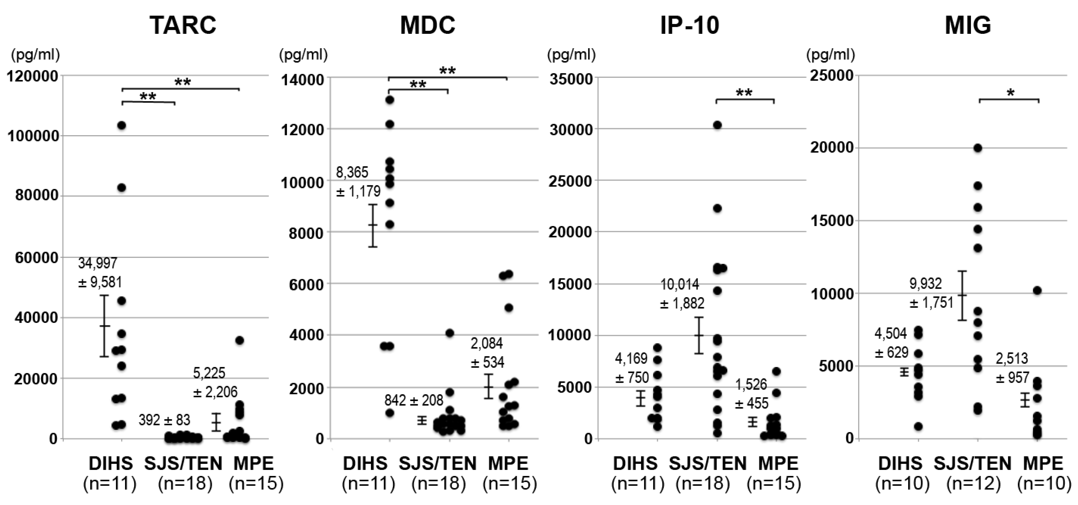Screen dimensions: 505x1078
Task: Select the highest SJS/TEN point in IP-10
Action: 717,125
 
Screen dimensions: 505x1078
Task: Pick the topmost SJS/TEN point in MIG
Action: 978,148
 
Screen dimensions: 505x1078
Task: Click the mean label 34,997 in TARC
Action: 98,263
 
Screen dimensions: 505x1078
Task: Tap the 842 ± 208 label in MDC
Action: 413,400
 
